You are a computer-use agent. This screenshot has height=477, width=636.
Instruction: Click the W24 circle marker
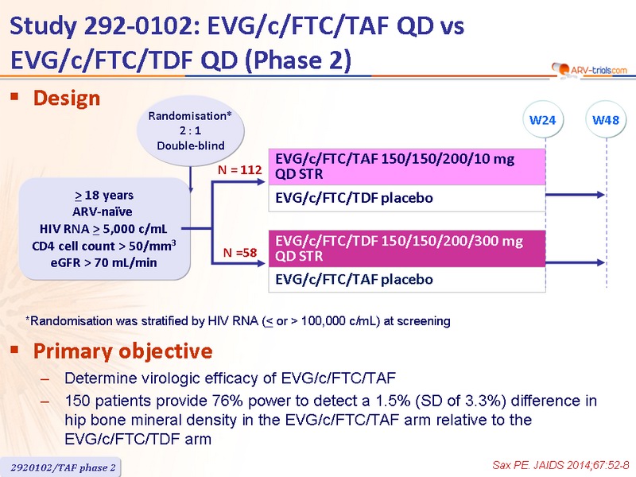[x=543, y=120]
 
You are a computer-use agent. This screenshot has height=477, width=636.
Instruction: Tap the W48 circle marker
[x=606, y=120]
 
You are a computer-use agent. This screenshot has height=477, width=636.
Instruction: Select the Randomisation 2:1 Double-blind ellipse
[x=190, y=130]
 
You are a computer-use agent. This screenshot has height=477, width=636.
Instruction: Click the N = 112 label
[x=240, y=169]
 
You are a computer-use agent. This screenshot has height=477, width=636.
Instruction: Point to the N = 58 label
[x=240, y=253]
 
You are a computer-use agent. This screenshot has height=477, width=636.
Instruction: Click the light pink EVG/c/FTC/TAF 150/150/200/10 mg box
[x=407, y=167]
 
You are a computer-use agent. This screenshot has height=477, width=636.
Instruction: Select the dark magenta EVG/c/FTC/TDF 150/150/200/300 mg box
[x=407, y=249]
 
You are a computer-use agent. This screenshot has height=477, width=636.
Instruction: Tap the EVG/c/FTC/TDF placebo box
[x=407, y=198]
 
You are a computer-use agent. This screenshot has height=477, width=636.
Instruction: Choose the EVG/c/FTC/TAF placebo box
[x=407, y=280]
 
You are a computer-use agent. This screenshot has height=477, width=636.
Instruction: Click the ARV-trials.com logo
[x=589, y=70]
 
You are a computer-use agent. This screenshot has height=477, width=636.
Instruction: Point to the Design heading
[x=67, y=98]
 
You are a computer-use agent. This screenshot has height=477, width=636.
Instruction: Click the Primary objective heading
[x=122, y=351]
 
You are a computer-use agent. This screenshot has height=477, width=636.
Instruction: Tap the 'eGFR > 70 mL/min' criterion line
[x=103, y=263]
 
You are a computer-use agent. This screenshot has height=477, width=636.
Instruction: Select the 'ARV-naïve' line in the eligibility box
[x=103, y=211]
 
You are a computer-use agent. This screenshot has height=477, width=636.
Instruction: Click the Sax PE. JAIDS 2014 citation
[x=560, y=465]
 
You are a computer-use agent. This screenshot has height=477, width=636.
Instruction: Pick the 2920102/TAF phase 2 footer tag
[x=62, y=467]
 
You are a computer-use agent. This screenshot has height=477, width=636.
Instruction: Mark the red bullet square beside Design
[x=14, y=96]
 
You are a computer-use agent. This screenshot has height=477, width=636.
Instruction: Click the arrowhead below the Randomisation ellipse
[x=190, y=189]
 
